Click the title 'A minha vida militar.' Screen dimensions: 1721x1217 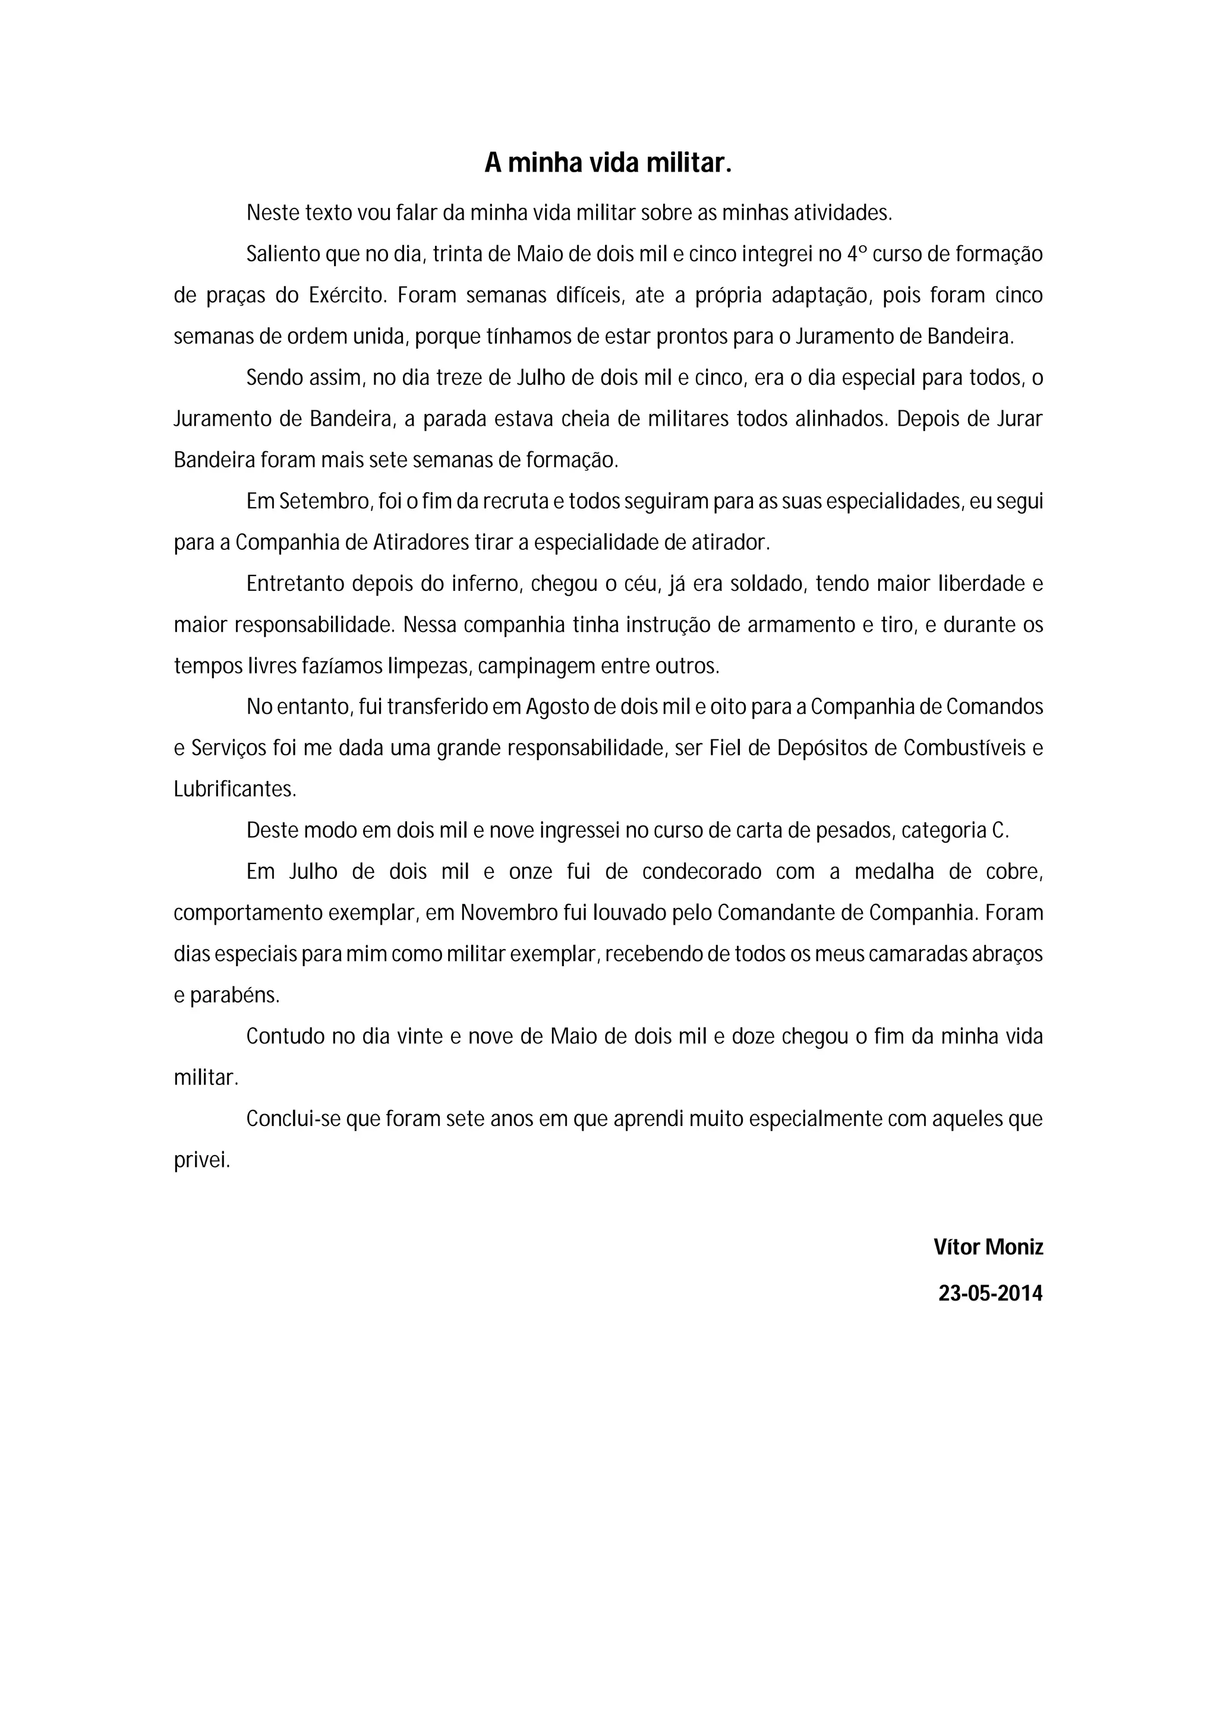tap(607, 163)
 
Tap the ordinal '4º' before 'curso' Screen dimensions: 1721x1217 tap(856, 254)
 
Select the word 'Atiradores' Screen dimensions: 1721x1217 tap(421, 543)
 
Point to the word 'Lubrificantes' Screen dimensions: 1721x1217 tap(234, 789)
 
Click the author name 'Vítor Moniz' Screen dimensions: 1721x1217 tap(988, 1247)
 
